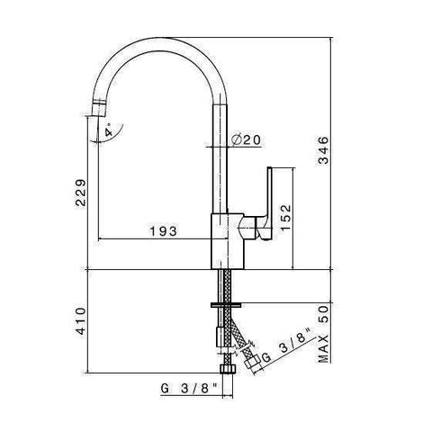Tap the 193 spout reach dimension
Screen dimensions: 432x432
tap(162, 231)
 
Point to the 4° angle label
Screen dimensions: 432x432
tap(108, 131)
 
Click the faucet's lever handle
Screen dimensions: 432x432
tap(268, 202)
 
